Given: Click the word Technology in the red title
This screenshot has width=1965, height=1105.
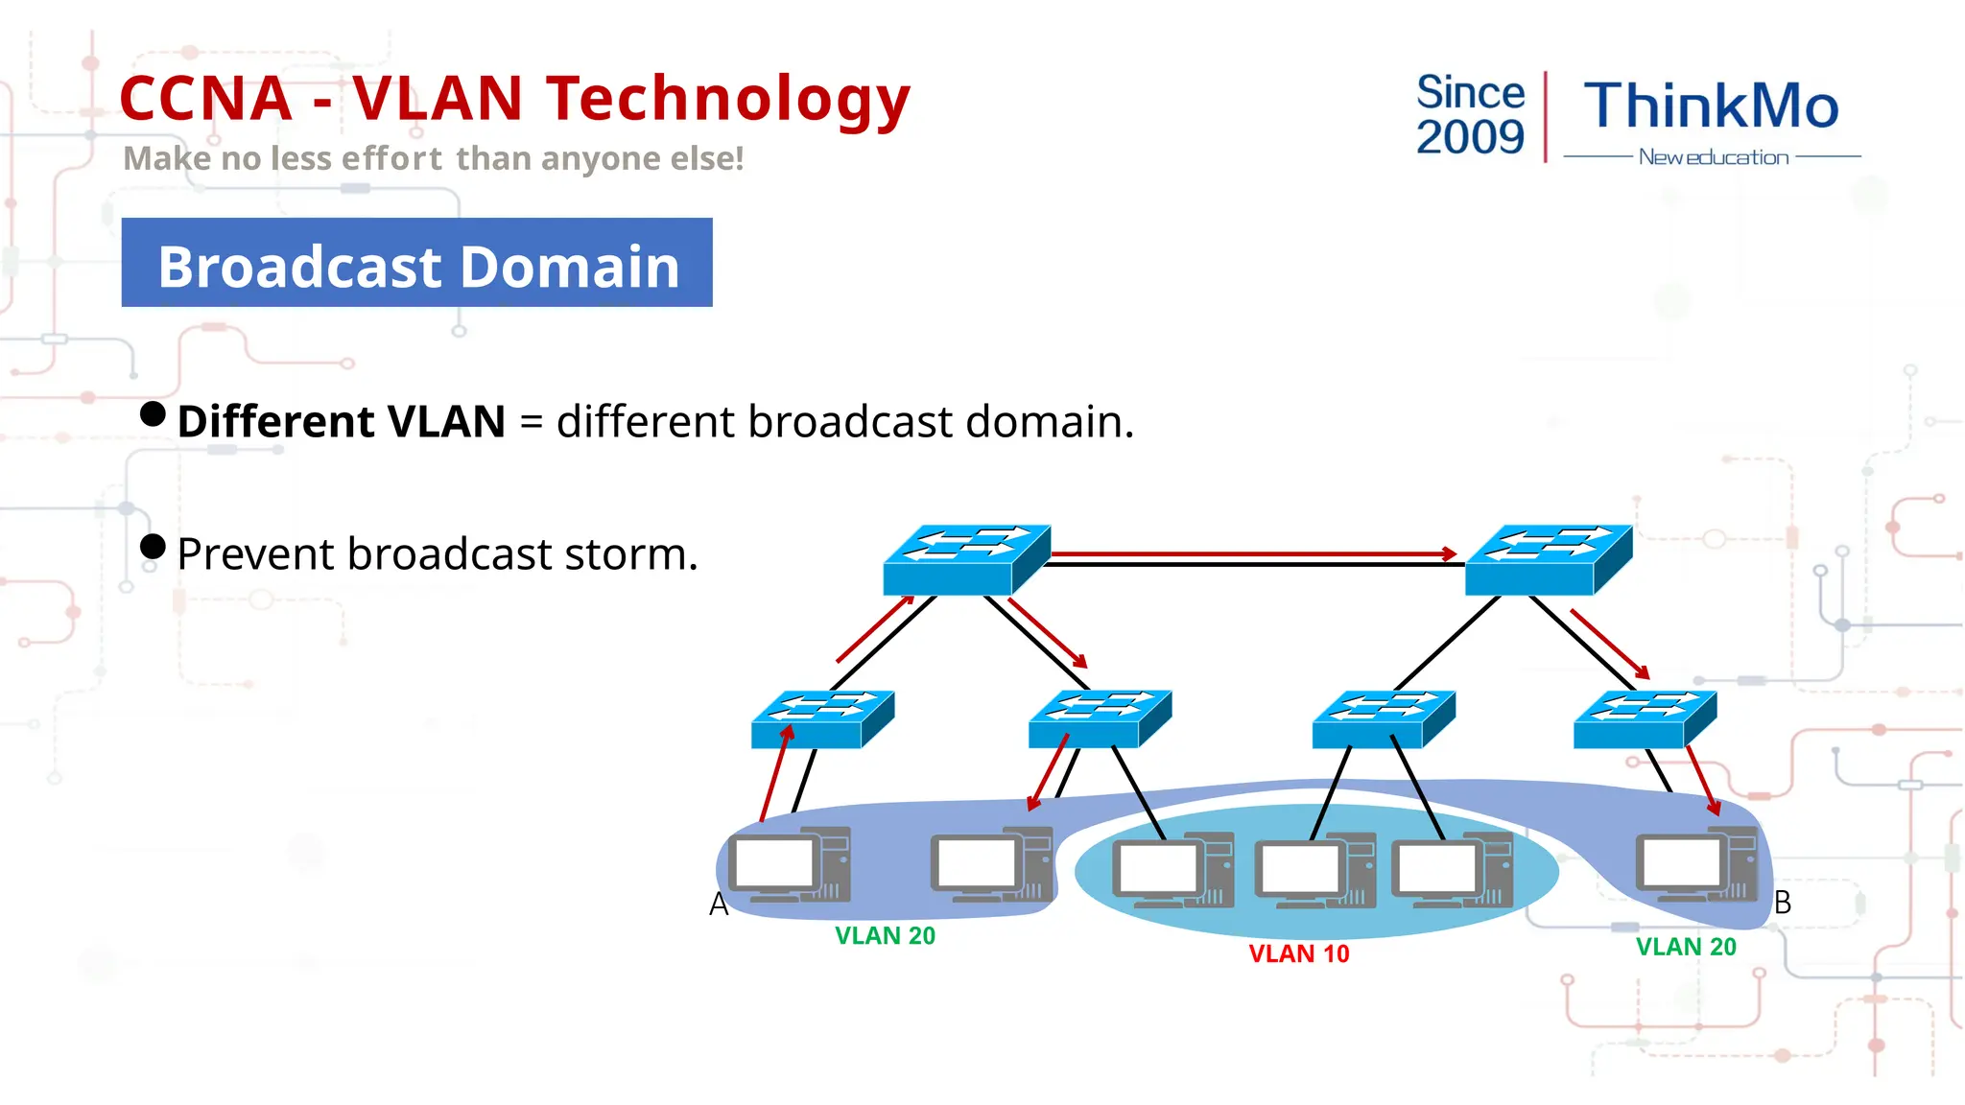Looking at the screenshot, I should [x=727, y=100].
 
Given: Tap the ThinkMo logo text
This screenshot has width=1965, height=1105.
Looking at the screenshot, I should [x=1711, y=106].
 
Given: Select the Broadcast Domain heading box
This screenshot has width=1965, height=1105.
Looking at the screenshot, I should [x=417, y=263].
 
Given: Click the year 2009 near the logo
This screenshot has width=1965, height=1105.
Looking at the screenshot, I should [x=1470, y=137].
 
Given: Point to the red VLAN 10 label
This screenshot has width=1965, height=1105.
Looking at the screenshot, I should [x=1298, y=953].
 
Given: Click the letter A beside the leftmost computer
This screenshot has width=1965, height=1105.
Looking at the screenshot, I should [x=719, y=904].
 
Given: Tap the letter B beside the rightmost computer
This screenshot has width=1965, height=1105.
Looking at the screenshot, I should [x=1783, y=902].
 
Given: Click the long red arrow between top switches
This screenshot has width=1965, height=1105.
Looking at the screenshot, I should [x=1252, y=553].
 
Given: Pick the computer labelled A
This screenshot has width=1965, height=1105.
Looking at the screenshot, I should [x=789, y=865].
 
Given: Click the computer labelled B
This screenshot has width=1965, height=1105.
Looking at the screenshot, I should [x=1695, y=865].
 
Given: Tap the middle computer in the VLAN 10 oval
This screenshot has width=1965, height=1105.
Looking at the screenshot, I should [x=1315, y=873].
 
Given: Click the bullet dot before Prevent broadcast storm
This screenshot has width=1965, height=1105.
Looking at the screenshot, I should [x=153, y=546].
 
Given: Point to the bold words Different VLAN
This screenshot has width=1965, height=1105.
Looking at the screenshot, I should [x=341, y=422].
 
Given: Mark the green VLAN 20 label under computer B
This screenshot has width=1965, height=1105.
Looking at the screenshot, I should [x=1686, y=947].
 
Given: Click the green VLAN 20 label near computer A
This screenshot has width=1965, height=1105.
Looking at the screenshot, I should [x=885, y=935].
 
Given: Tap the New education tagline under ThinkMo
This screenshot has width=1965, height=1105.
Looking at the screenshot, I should [x=1713, y=157].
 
